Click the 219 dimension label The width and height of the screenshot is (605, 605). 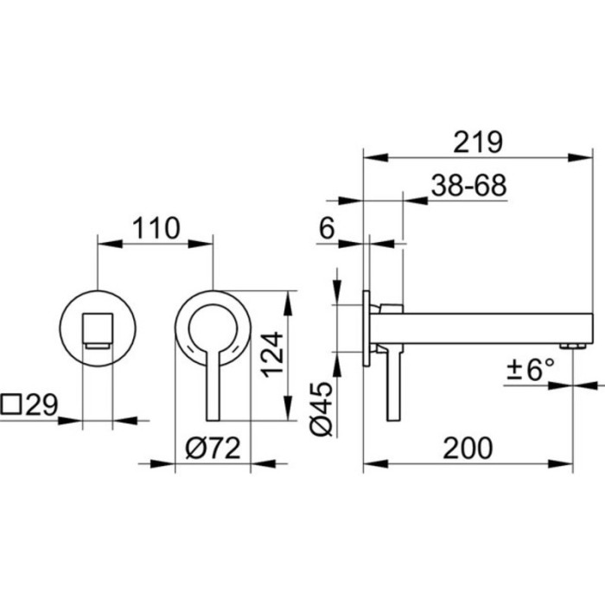click(478, 143)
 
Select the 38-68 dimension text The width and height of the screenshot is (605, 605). click(468, 186)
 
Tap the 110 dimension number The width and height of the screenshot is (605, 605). click(156, 228)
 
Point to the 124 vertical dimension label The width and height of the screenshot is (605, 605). click(273, 354)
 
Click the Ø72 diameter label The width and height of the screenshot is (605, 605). click(213, 449)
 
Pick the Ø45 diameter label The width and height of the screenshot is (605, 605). click(322, 409)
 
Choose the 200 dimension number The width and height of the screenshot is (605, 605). click(468, 448)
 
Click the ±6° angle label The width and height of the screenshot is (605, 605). click(531, 370)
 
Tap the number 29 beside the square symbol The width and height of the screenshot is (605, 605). click(41, 404)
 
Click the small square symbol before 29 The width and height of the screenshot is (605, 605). click(10, 404)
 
